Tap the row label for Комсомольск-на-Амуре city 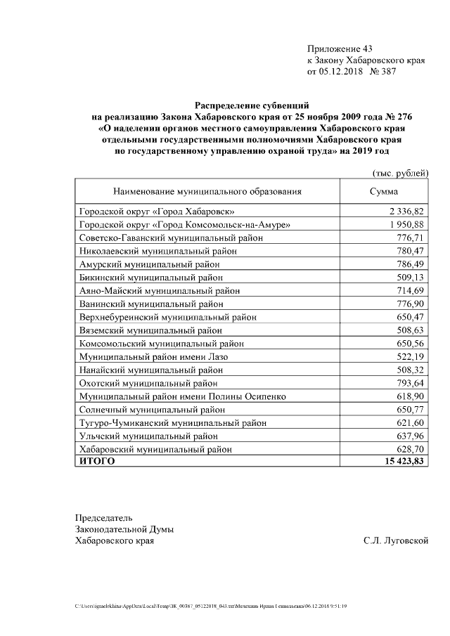[x=185, y=225]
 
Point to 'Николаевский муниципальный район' [x=160, y=251]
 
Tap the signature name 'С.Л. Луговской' [x=396, y=541]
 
